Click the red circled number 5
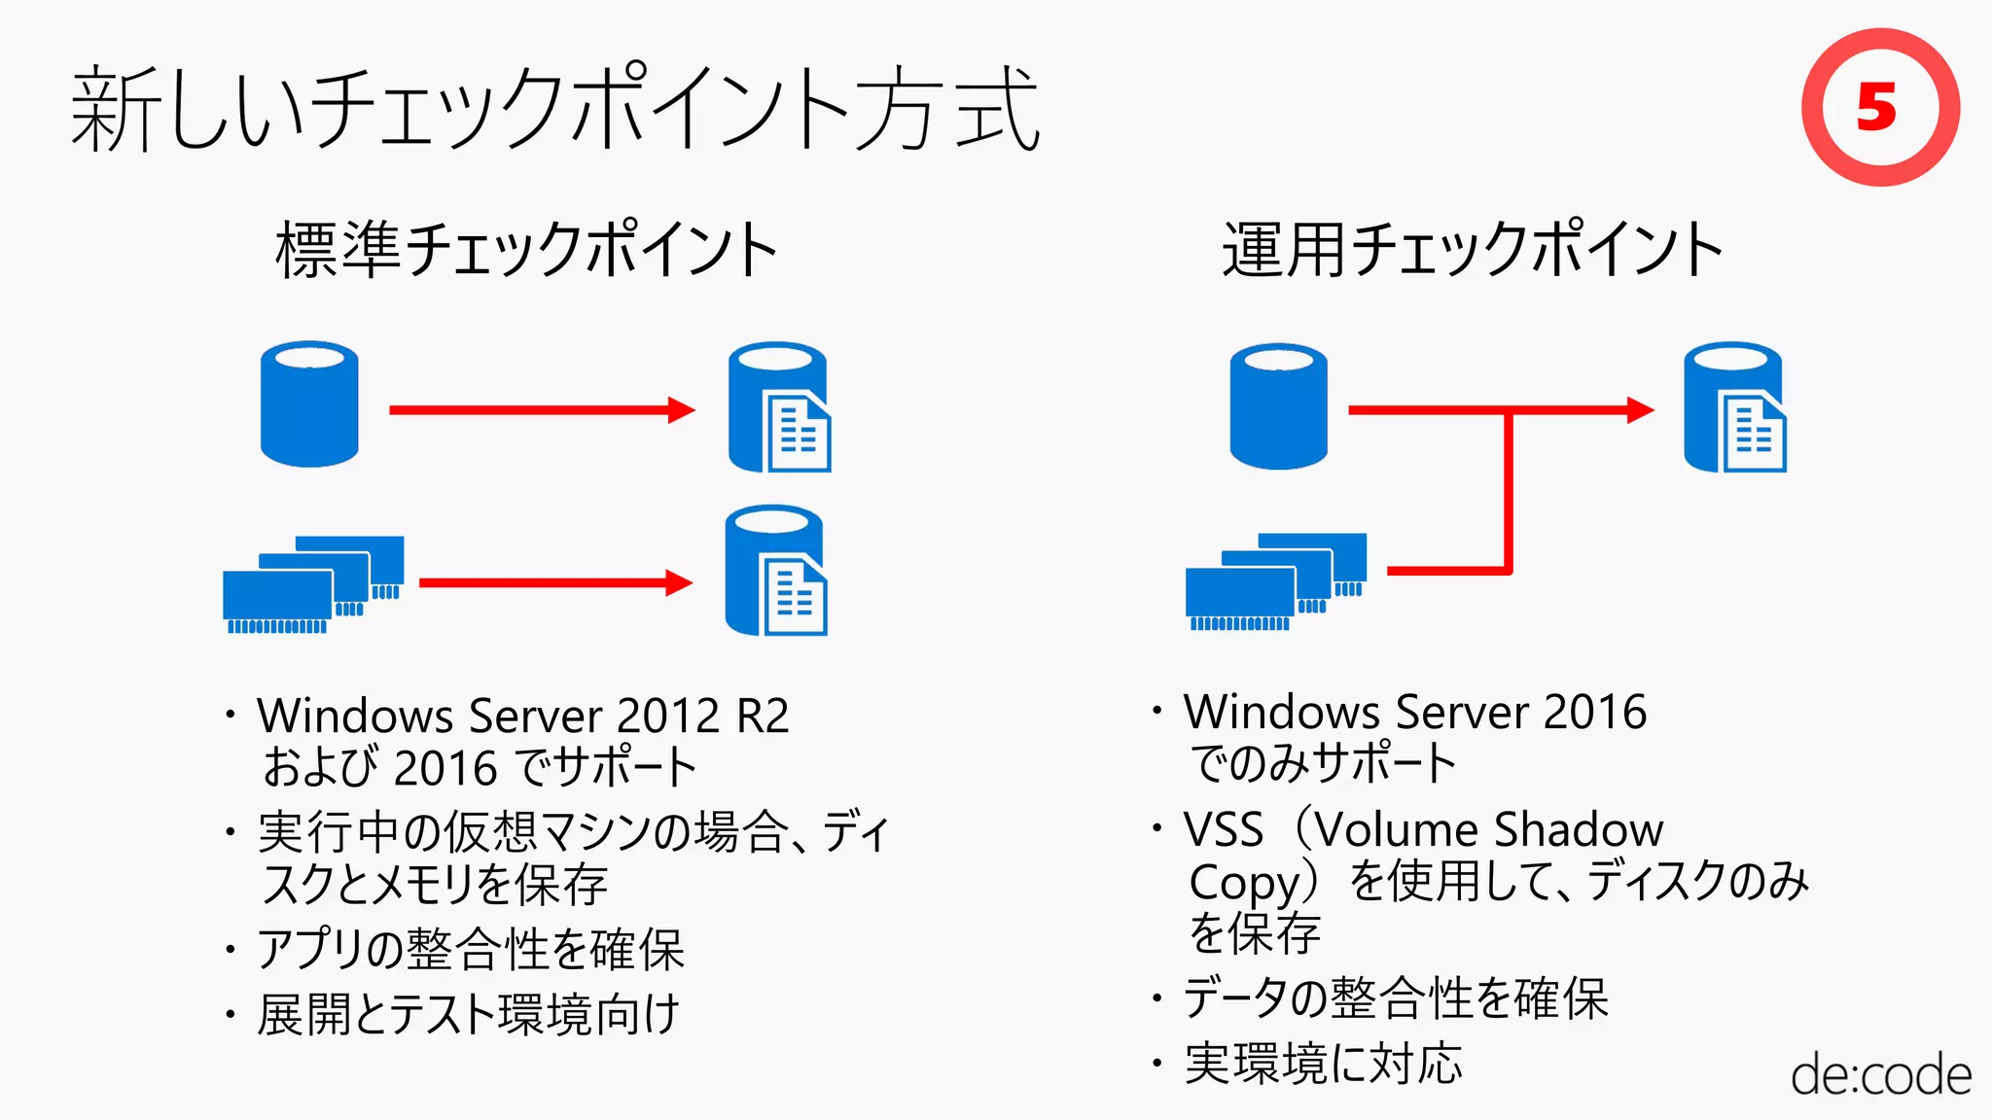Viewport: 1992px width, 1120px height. tap(1879, 107)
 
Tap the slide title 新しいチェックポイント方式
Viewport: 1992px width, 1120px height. tap(554, 109)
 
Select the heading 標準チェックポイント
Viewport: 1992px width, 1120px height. tap(526, 250)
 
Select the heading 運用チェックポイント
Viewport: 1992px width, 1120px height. tap(1472, 250)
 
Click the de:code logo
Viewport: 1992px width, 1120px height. tap(1880, 1075)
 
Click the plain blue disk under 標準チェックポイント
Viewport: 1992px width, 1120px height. tap(309, 403)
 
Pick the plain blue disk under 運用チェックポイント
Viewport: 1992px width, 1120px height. tap(1278, 405)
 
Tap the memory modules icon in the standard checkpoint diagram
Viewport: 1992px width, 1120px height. tap(313, 584)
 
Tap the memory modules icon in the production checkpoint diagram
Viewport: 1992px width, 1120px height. tap(1276, 581)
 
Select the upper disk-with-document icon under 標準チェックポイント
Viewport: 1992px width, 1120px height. tap(779, 407)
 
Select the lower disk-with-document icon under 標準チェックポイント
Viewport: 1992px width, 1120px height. tap(776, 571)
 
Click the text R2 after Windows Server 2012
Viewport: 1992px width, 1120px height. tap(763, 717)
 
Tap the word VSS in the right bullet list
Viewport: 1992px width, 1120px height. tap(1223, 830)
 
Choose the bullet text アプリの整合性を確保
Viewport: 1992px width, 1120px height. tap(471, 950)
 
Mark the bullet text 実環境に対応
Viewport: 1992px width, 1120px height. tap(1323, 1064)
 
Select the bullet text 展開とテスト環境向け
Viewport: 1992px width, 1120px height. tap(468, 1015)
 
